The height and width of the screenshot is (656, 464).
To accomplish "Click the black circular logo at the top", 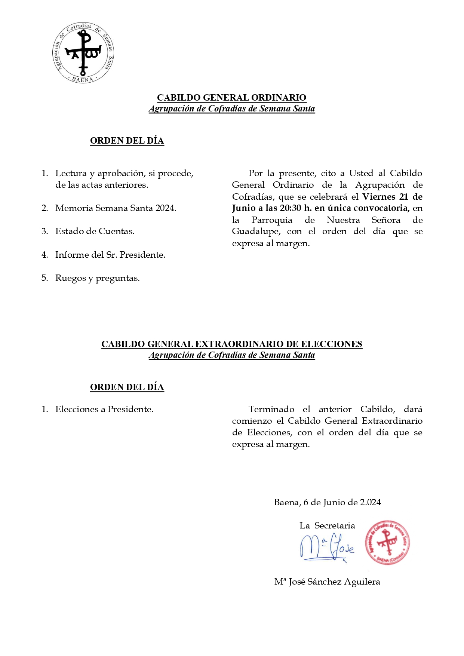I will coord(83,53).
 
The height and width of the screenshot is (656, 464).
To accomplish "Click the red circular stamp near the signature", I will coord(387,542).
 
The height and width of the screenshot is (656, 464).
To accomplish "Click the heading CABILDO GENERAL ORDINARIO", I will coord(231,98).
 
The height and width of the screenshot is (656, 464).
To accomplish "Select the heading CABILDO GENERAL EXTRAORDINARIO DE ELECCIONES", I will coord(231,344).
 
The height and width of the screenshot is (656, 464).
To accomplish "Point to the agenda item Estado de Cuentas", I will coord(95,231).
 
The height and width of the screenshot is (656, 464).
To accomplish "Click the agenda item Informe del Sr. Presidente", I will coord(110,255).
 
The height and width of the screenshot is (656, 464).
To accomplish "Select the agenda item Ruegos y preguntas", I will coord(97,278).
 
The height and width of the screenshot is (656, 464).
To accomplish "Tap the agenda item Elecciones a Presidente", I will coord(104,409).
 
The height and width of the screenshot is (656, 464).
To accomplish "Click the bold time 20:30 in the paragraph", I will coord(291,208).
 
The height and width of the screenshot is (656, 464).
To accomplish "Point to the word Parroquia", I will coord(272,220).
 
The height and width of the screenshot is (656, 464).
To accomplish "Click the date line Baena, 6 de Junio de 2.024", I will coord(328,502).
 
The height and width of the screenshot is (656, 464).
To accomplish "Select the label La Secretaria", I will coord(327,525).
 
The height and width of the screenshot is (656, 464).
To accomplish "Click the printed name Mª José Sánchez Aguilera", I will coord(327,582).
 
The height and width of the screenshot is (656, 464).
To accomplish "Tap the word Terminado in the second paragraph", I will coord(271,409).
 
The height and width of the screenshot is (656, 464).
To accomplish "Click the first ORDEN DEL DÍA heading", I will coord(127,141).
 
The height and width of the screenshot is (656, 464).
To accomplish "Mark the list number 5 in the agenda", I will coord(44,278).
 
